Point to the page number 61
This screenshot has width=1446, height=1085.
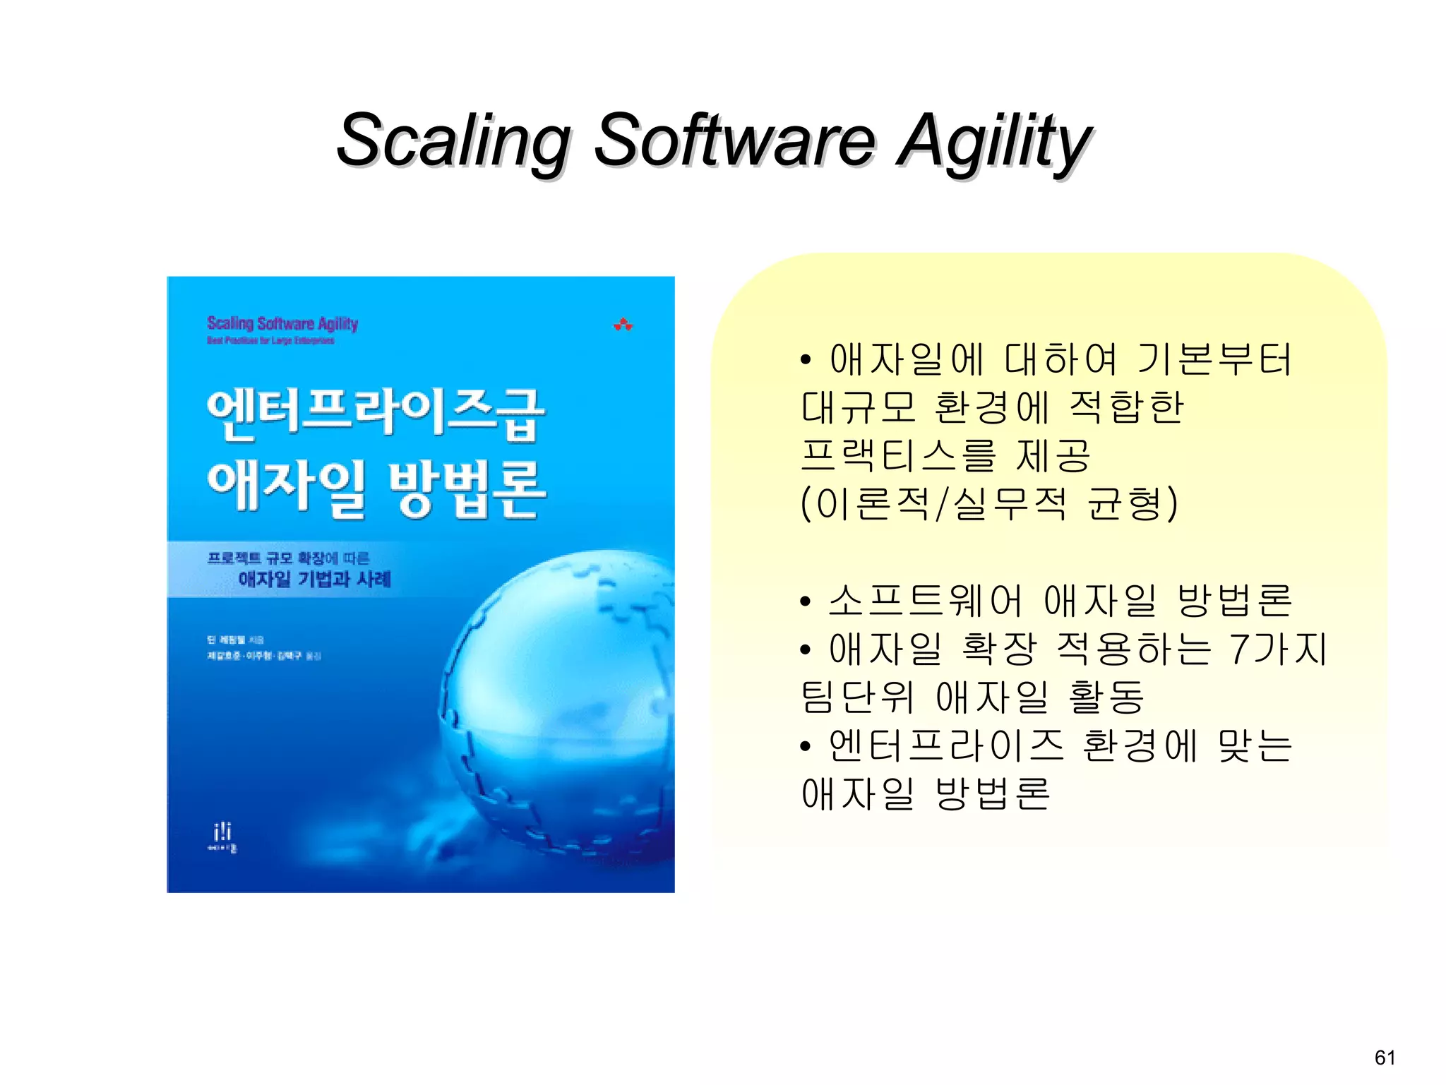[1385, 1057]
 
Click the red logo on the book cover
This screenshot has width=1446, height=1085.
[623, 325]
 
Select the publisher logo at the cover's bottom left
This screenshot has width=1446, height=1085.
[222, 837]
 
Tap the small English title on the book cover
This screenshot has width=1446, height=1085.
[282, 324]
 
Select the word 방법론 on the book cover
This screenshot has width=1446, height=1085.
[467, 488]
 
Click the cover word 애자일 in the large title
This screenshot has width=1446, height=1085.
[286, 487]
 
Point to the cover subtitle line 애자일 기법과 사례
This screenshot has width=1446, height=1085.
[314, 580]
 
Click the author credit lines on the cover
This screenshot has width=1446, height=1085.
[263, 648]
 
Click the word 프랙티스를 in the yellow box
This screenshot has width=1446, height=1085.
[898, 455]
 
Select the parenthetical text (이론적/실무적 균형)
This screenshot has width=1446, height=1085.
[989, 503]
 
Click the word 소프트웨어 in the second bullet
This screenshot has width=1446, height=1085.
[925, 601]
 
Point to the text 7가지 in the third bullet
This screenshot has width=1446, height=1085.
[1278, 649]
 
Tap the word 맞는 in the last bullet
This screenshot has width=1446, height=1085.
[1255, 745]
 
